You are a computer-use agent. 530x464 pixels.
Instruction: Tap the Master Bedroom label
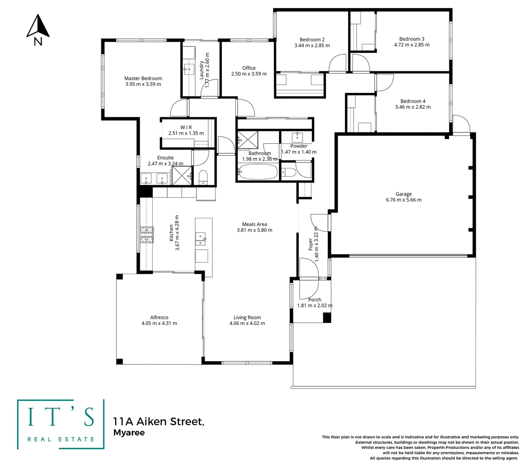click(x=143, y=78)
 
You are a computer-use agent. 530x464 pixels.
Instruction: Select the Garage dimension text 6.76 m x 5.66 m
click(x=403, y=200)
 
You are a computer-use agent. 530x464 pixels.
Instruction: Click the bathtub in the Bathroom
click(x=257, y=173)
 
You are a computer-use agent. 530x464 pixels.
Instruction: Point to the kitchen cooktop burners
click(x=146, y=235)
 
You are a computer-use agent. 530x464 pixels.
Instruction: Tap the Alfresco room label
click(x=159, y=317)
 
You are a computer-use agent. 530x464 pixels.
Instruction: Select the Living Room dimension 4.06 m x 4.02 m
click(x=247, y=323)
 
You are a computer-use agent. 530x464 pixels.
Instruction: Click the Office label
click(x=248, y=68)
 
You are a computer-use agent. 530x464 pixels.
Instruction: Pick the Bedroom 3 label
click(x=412, y=39)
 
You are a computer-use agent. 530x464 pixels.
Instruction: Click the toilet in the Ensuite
click(x=203, y=177)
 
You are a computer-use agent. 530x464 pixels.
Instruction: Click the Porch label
click(x=315, y=299)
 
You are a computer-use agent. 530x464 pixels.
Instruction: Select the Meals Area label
click(x=254, y=224)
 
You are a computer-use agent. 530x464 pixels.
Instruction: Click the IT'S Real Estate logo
click(x=61, y=424)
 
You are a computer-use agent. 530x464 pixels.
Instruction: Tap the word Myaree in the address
click(x=129, y=433)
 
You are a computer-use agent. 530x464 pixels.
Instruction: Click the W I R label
click(x=186, y=127)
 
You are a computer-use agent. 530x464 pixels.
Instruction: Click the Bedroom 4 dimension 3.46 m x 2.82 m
click(x=412, y=107)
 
